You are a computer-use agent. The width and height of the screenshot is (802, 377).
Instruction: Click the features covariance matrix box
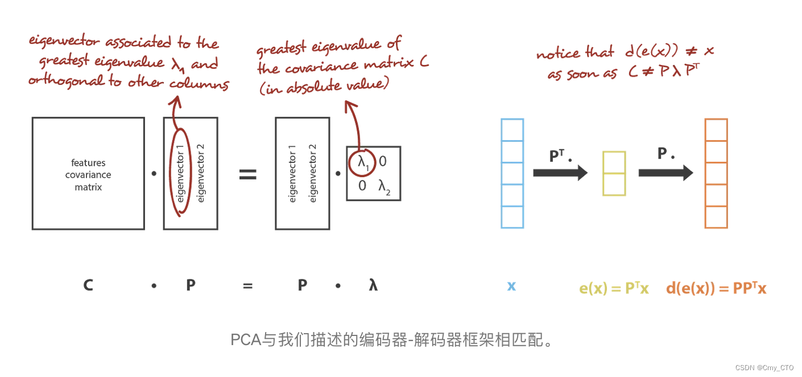(x=88, y=174)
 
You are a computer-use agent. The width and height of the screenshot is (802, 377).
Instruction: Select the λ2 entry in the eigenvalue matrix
(x=385, y=186)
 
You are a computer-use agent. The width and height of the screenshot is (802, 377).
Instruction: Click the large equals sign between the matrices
(x=247, y=174)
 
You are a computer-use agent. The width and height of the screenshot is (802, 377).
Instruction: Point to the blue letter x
(x=511, y=286)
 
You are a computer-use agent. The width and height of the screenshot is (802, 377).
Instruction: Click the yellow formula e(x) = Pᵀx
(x=614, y=288)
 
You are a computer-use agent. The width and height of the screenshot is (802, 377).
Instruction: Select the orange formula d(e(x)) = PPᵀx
(x=716, y=288)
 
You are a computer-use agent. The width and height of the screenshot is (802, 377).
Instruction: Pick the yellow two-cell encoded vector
(x=614, y=173)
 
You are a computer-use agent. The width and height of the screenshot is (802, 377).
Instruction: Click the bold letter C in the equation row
(x=88, y=285)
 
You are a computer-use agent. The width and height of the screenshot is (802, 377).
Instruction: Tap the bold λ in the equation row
(x=373, y=285)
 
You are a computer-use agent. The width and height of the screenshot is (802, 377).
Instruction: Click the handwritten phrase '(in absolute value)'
(x=325, y=87)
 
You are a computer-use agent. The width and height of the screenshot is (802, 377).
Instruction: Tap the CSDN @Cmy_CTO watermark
(x=764, y=368)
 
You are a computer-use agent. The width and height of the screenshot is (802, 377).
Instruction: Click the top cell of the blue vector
(x=512, y=130)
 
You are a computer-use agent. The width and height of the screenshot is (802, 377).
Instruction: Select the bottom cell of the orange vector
(x=716, y=217)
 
